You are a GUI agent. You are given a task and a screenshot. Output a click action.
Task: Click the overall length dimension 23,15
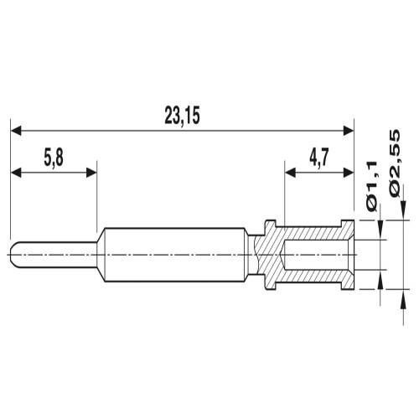tap(182, 116)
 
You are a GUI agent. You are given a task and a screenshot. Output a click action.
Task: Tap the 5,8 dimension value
tap(54, 158)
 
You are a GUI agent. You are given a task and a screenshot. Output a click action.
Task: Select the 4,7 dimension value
tap(319, 158)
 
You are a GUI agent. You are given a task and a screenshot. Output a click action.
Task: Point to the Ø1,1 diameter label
tap(372, 186)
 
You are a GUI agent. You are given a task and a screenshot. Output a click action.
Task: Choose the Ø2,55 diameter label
tap(395, 164)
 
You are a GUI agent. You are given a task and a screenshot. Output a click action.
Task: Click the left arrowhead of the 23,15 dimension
tap(16, 130)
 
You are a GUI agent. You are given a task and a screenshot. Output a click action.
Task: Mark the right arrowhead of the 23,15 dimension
tap(349, 130)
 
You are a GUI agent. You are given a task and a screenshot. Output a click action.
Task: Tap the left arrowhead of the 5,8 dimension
tap(16, 173)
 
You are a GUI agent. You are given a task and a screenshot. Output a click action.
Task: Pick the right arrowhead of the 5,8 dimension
tap(91, 173)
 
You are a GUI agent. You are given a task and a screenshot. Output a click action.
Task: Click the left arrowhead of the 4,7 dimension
tap(290, 173)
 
